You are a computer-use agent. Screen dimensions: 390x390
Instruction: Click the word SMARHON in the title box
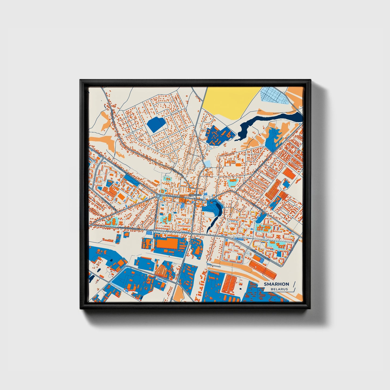(x=276, y=284)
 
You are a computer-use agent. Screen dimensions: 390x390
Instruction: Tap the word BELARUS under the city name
(x=280, y=289)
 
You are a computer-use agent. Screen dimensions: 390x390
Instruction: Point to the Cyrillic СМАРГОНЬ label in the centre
(x=195, y=195)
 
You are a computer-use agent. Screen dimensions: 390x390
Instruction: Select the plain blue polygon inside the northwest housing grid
(x=156, y=124)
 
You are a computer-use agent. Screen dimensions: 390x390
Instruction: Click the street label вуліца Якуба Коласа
(x=130, y=228)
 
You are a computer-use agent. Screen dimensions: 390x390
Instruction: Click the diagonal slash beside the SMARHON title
(x=294, y=284)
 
